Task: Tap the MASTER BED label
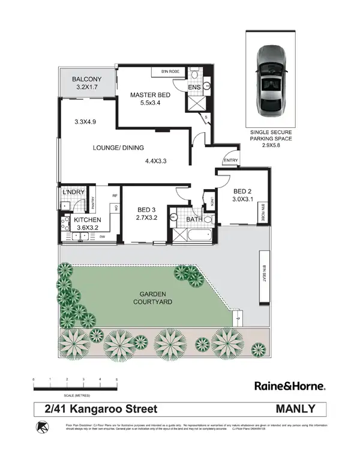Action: click(151, 94)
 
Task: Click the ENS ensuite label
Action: click(194, 88)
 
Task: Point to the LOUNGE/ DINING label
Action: click(119, 148)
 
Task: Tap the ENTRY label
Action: click(230, 160)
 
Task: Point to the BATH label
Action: click(193, 220)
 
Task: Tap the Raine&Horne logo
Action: click(290, 386)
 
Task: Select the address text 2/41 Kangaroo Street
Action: click(101, 409)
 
